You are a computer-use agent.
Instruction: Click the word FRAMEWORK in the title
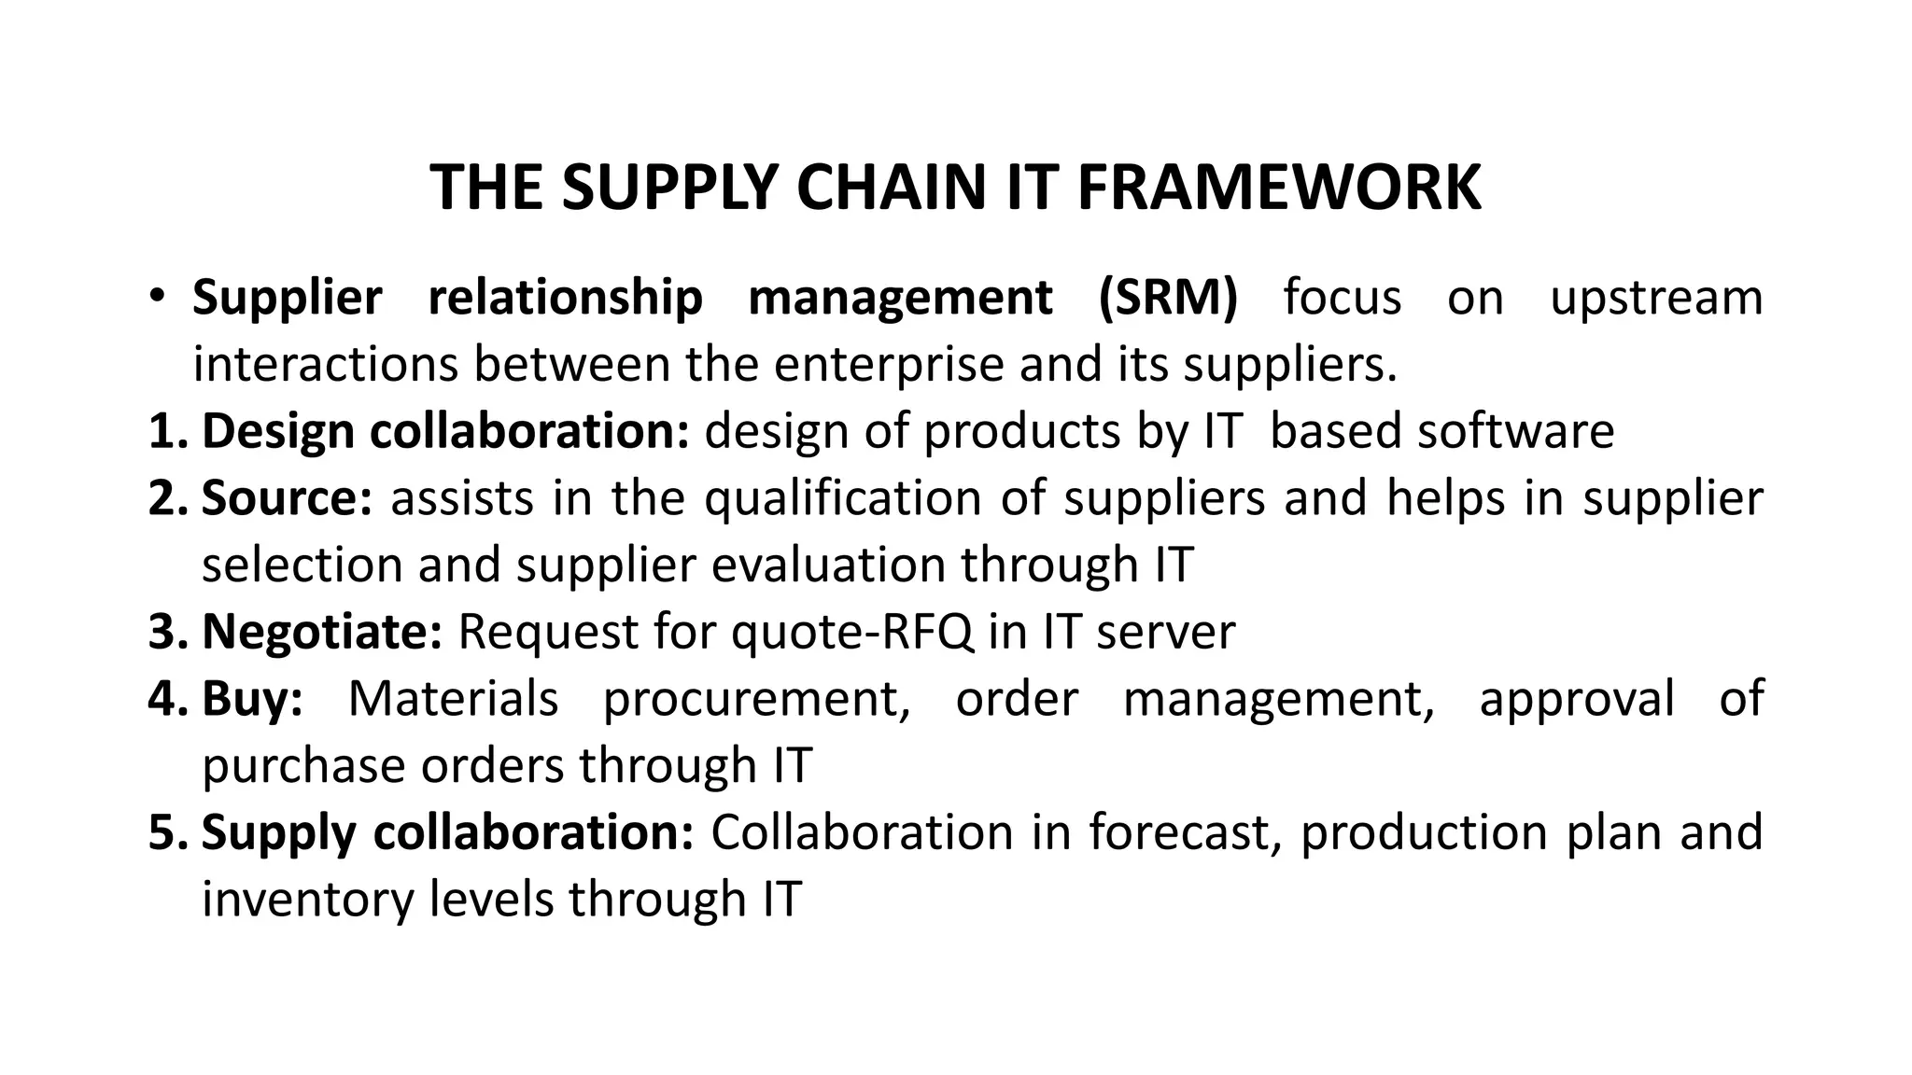point(1278,188)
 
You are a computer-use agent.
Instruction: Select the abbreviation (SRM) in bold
point(1168,298)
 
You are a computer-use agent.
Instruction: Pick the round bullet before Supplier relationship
point(157,298)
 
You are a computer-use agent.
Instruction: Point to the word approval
point(1577,699)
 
